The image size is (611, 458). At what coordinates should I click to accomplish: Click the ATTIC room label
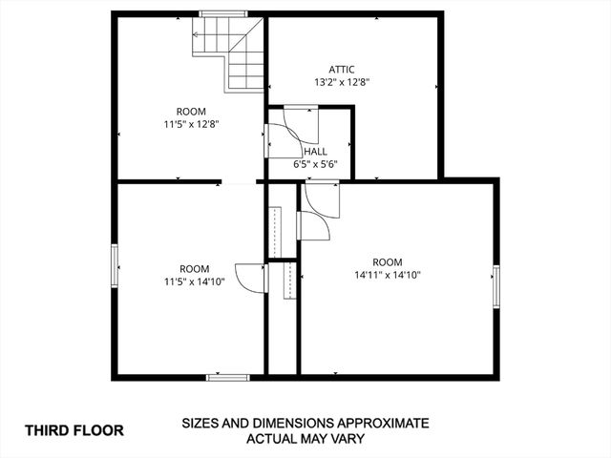click(342, 69)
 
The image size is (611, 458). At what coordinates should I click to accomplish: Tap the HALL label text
click(315, 152)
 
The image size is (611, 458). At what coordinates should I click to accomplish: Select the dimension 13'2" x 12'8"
click(342, 82)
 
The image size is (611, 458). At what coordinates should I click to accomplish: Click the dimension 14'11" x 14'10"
click(388, 275)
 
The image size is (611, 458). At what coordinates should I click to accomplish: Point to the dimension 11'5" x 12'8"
click(195, 123)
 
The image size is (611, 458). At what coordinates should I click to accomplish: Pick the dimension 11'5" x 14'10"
click(194, 281)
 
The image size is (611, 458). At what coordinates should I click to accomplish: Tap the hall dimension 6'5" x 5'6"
click(315, 164)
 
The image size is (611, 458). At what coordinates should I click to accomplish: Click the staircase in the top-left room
click(232, 55)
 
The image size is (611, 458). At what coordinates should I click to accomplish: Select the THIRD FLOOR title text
click(74, 430)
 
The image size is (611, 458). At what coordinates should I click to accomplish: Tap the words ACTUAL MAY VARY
click(305, 440)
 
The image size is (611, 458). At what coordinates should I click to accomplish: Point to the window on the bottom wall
click(228, 377)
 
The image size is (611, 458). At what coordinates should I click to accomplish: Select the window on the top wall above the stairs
click(223, 13)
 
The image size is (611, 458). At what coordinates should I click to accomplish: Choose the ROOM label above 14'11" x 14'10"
click(388, 262)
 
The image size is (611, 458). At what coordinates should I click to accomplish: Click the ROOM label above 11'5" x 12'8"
click(195, 111)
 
